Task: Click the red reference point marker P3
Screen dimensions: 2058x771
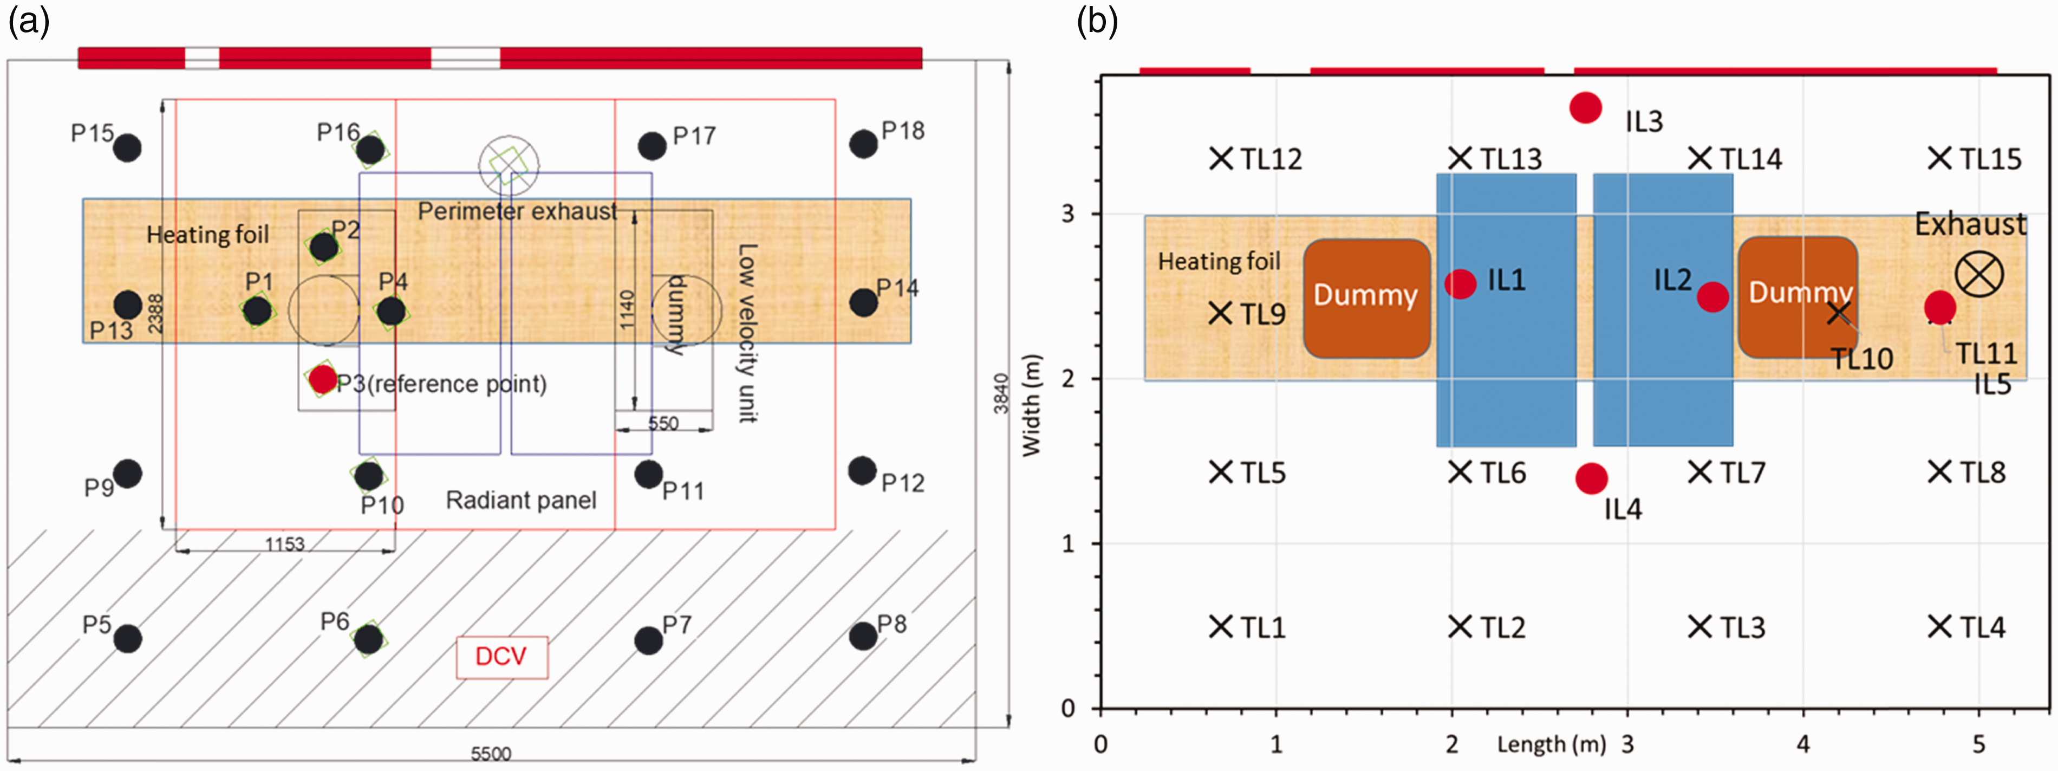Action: click(323, 379)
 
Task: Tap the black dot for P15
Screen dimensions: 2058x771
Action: click(127, 148)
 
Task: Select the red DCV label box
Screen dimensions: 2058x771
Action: click(502, 657)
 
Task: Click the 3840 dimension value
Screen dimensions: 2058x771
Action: click(1001, 393)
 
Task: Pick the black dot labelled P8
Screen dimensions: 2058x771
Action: click(863, 636)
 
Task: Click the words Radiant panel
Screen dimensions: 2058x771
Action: click(521, 500)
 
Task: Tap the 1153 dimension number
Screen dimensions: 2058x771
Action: click(285, 543)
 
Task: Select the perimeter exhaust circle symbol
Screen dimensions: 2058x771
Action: click(509, 165)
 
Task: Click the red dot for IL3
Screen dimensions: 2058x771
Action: click(1586, 107)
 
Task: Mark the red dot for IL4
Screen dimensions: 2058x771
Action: click(1592, 478)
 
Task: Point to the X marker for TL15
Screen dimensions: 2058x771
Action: click(1940, 158)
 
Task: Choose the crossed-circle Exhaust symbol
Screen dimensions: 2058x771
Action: click(1979, 274)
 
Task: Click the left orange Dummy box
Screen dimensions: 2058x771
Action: click(1367, 298)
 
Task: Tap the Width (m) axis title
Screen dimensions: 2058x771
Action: click(1032, 405)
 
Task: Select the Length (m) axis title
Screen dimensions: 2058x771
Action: click(1552, 744)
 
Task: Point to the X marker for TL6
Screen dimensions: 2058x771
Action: click(1461, 472)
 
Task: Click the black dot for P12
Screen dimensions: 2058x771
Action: click(862, 471)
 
